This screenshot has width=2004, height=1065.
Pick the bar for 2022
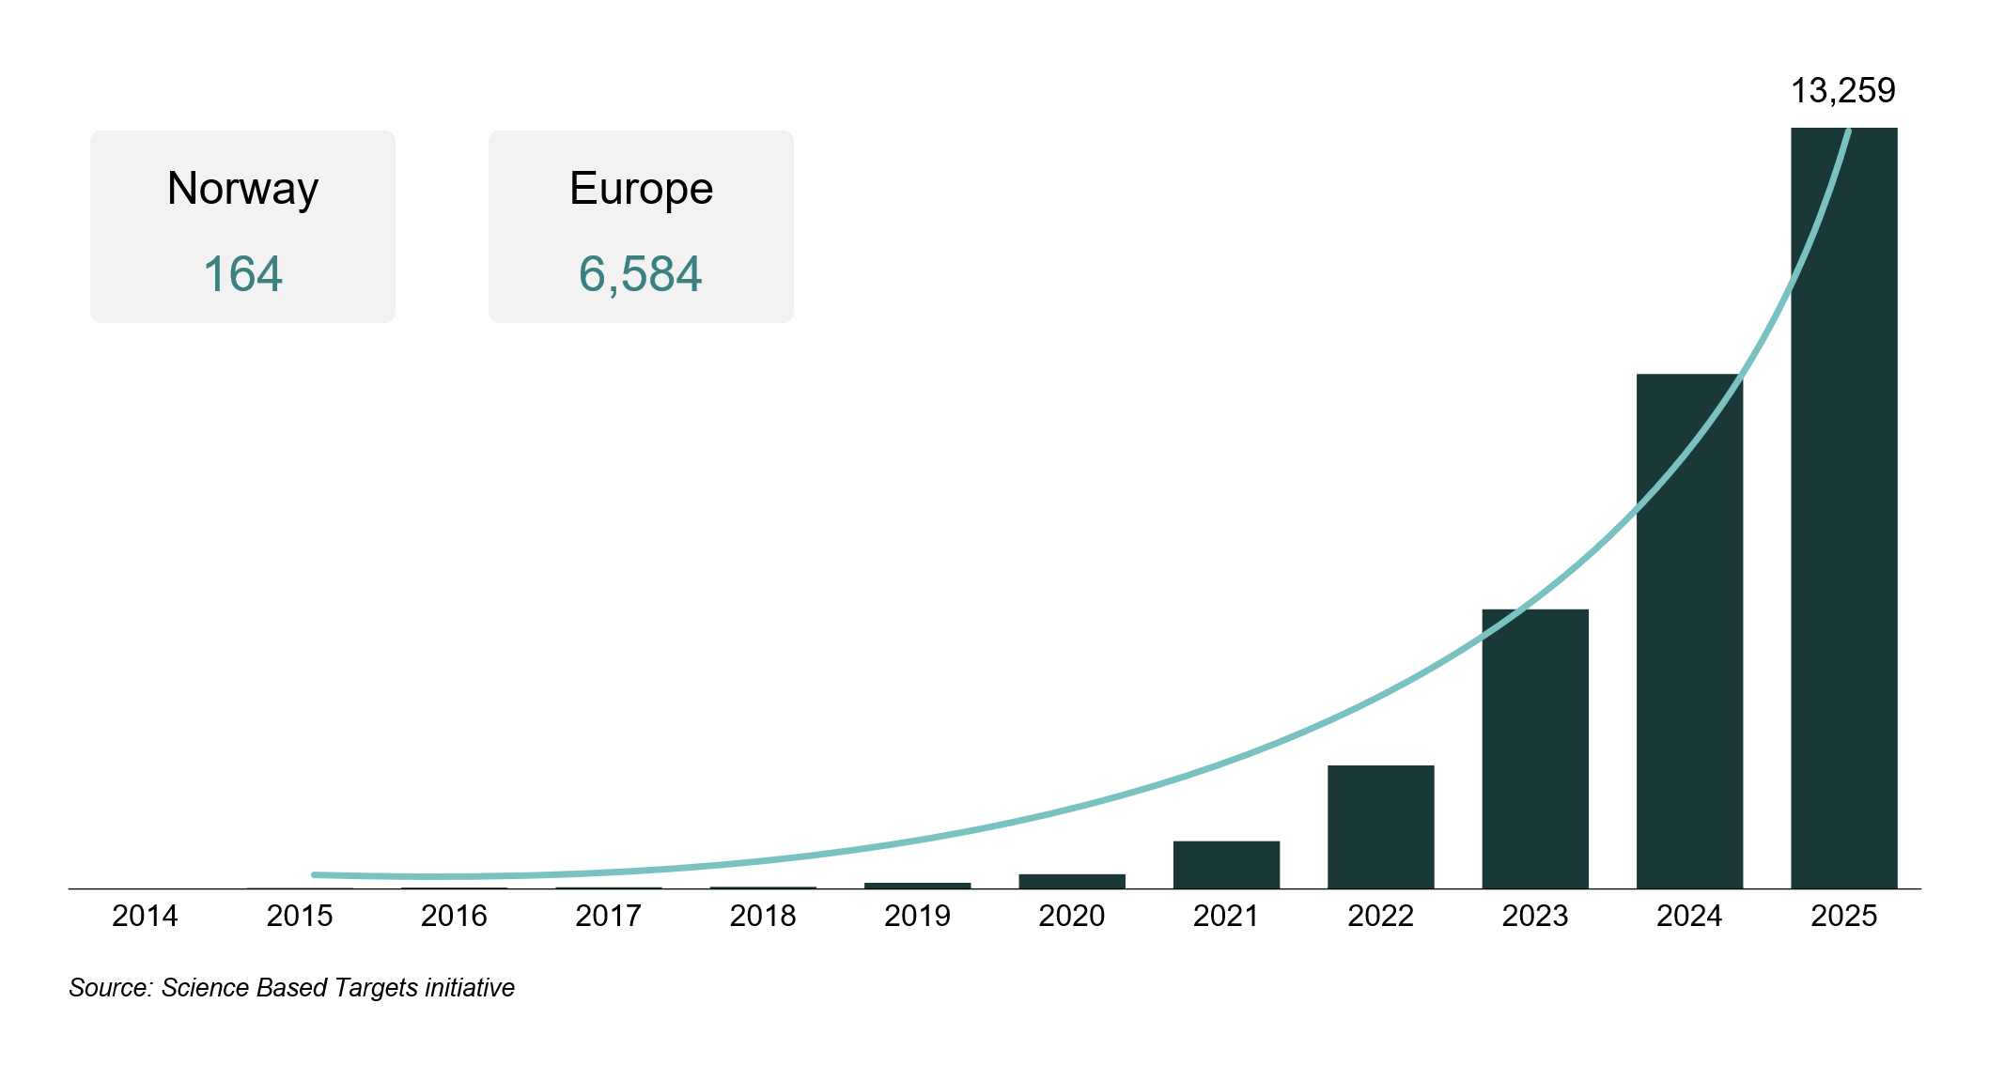1380,826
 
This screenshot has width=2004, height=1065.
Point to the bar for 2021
1226,865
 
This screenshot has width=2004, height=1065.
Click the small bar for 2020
1072,881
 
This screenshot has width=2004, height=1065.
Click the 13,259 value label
1842,91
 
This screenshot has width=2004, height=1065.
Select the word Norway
242,189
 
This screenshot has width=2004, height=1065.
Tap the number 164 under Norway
242,274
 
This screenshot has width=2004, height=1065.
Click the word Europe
641,189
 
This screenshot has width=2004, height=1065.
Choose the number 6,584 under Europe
640,274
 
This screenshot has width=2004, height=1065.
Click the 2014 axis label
145,916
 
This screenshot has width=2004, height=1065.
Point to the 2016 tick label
454,916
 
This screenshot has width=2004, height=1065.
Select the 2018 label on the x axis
763,916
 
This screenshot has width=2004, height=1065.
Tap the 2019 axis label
917,916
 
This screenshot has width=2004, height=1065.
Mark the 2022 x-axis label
1380,916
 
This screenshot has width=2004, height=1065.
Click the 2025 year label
1843,916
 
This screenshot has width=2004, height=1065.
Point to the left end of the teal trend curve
316,874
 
